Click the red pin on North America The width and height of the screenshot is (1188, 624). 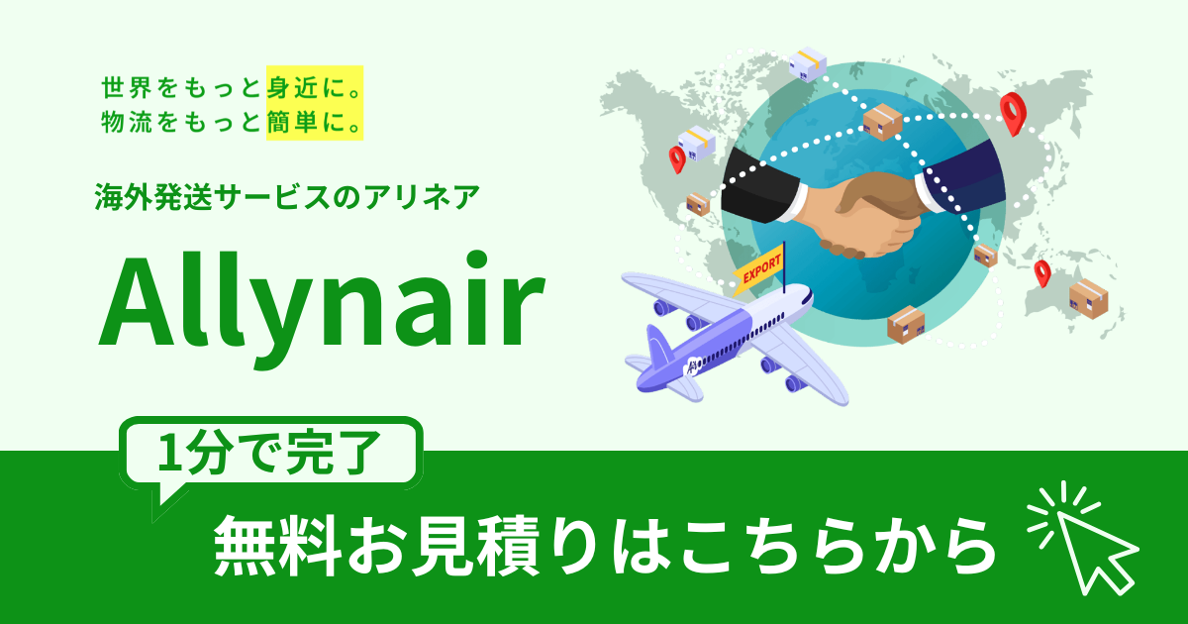point(678,158)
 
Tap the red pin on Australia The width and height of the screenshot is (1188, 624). point(1041,271)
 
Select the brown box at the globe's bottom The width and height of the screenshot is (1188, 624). point(907,325)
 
